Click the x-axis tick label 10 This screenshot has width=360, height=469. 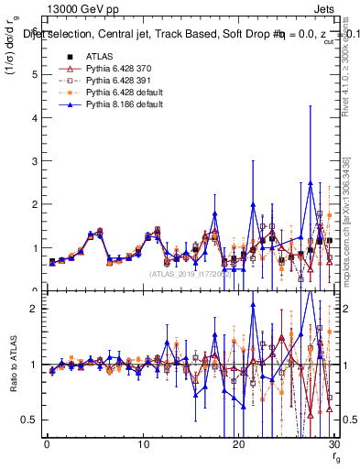pos(143,444)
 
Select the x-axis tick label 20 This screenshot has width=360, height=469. pos(238,444)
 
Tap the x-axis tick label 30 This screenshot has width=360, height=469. pos(333,444)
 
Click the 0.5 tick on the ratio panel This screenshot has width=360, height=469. pos(31,420)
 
